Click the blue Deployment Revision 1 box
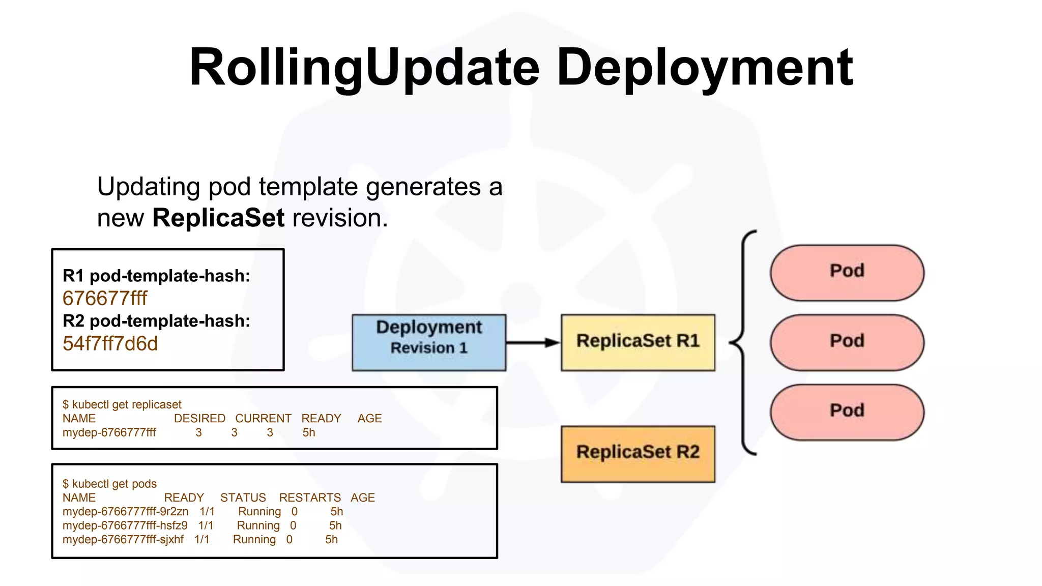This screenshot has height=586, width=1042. click(x=429, y=342)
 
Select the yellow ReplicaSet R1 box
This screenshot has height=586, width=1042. click(x=638, y=342)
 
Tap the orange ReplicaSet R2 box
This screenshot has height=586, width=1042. click(x=638, y=454)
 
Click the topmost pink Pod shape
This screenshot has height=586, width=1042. click(x=847, y=273)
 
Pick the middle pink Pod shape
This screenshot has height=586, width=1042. click(x=847, y=342)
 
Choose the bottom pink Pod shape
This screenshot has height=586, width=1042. click(x=847, y=412)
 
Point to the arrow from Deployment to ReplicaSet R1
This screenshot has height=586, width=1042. click(x=532, y=342)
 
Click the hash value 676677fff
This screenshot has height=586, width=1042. click(x=105, y=299)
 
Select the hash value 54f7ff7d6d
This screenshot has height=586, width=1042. click(x=110, y=344)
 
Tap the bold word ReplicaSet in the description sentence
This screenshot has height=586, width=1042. click(x=218, y=218)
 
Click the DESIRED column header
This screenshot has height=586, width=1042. click(x=199, y=418)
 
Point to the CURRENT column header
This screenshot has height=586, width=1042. click(x=263, y=418)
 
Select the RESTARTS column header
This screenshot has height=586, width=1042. click(x=310, y=497)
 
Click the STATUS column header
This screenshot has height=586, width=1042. click(x=243, y=497)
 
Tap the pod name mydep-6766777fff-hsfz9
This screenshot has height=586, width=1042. click(x=125, y=525)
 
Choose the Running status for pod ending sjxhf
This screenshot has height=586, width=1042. click(x=254, y=540)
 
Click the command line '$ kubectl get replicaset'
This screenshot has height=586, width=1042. click(x=122, y=404)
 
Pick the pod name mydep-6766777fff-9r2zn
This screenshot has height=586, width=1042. click(x=125, y=512)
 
